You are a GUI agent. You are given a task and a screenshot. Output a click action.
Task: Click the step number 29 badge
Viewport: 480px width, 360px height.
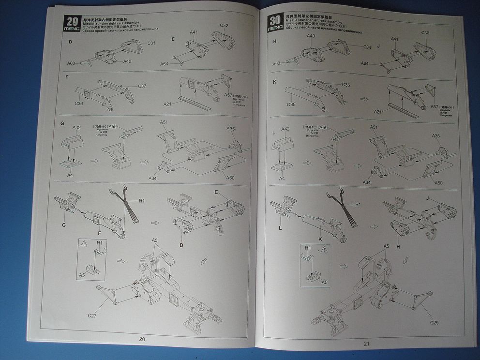click(72, 21)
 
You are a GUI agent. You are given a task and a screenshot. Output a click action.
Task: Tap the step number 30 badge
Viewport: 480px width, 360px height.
click(275, 20)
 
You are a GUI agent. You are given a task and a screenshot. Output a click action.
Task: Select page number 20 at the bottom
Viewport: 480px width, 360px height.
click(142, 339)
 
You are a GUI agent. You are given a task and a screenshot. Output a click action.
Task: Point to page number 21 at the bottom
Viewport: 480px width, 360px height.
click(366, 344)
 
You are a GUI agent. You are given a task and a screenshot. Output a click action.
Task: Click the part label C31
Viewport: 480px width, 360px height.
click(151, 43)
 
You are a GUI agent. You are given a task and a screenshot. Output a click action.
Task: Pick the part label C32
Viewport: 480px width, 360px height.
click(224, 26)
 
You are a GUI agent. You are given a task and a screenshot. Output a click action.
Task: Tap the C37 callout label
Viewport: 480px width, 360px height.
click(142, 86)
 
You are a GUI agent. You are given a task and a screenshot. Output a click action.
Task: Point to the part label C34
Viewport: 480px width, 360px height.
click(367, 47)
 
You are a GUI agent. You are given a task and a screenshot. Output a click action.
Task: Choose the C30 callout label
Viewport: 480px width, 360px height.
click(425, 33)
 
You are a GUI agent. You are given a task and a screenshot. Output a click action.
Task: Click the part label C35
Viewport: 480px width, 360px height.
click(346, 85)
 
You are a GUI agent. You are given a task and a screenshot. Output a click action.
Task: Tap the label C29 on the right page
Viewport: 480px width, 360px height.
click(434, 322)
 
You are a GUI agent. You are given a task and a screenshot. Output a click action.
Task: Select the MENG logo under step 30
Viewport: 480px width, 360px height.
click(274, 29)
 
